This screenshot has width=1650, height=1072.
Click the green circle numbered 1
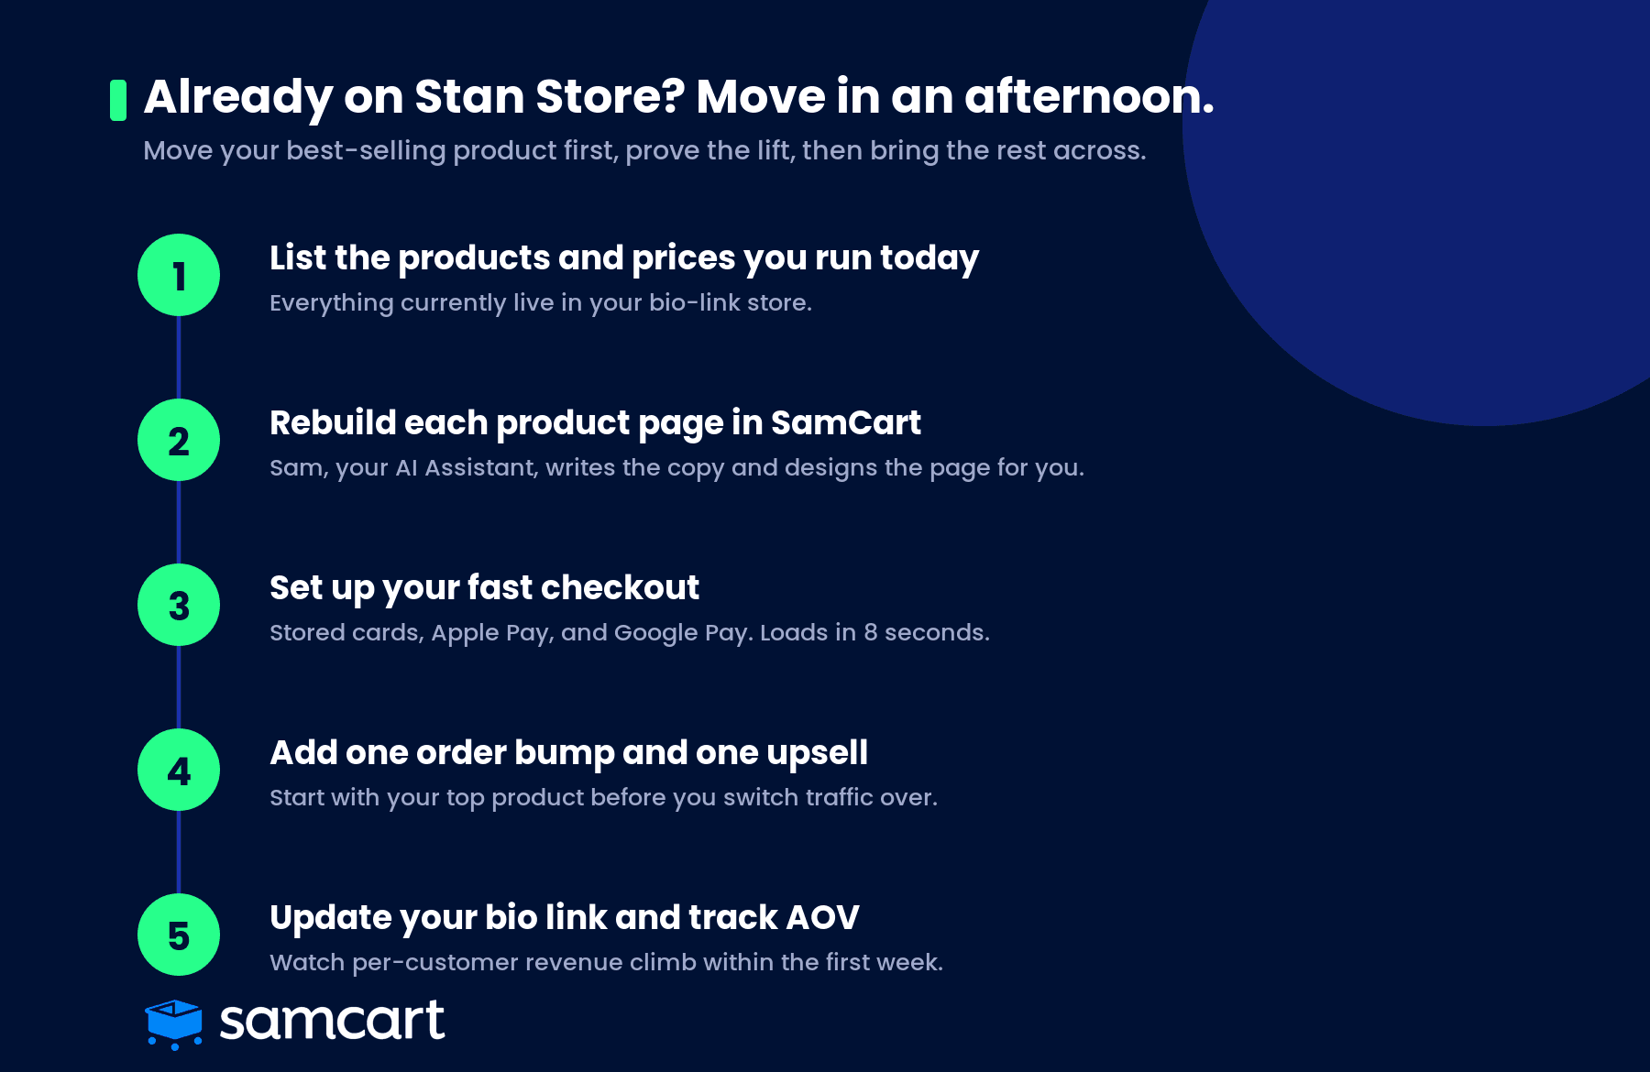[x=179, y=275]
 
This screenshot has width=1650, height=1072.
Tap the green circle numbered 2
[x=179, y=440]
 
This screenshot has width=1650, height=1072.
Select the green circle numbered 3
[x=179, y=605]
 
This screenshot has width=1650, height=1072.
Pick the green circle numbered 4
[x=179, y=770]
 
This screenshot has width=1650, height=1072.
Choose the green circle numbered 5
[x=179, y=935]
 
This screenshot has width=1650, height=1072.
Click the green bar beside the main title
[x=118, y=100]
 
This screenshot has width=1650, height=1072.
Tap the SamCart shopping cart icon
[x=174, y=1023]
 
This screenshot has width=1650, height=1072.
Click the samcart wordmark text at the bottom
[x=332, y=1021]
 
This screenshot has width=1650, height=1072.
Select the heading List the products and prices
[x=624, y=258]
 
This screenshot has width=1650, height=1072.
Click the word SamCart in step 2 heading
[x=845, y=422]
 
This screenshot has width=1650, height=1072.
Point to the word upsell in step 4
[x=817, y=754]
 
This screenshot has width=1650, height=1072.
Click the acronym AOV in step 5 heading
[x=822, y=917]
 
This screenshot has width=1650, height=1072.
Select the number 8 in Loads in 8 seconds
[x=870, y=632]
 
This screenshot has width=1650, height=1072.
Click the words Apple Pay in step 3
[x=492, y=634]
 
